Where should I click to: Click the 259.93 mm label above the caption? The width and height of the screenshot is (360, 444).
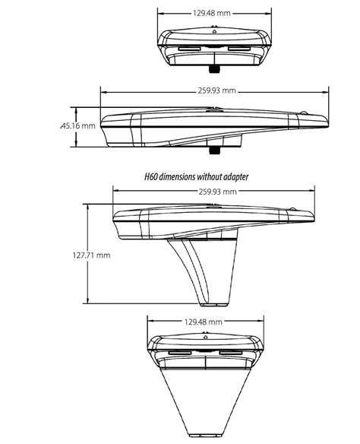point(214,90)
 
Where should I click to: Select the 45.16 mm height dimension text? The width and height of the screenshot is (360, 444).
point(78,125)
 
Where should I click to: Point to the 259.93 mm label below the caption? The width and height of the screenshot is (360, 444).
point(214,191)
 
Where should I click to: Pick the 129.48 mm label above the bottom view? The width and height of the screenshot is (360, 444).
point(204,322)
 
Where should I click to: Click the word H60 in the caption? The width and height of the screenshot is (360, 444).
point(151,176)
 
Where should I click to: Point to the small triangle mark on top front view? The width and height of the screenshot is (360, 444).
point(214,32)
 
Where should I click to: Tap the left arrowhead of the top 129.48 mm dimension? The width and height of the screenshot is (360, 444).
point(160,13)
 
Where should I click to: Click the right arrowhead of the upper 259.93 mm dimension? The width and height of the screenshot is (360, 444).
point(326,90)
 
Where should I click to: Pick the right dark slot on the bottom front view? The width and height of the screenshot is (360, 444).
point(232,354)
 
